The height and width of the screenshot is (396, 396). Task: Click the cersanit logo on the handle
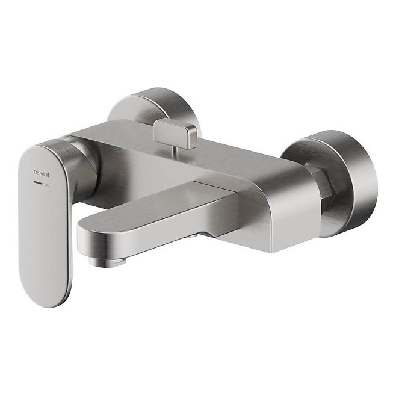(x=42, y=170)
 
